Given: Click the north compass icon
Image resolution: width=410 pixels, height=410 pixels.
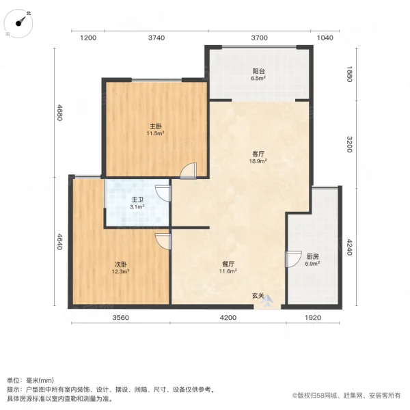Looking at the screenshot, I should coord(23,23).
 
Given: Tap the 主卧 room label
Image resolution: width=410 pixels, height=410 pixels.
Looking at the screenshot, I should coord(156,126).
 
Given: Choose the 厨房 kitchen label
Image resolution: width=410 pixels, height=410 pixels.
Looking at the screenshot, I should coord(312,257).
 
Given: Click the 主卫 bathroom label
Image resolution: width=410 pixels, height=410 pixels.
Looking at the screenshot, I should coord(137,201).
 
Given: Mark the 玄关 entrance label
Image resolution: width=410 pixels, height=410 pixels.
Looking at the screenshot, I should coord(258,296).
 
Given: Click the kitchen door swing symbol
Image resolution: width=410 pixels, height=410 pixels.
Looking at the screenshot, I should coord(292,260).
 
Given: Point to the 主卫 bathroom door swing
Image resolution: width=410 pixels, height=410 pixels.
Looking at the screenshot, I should coord(163,193).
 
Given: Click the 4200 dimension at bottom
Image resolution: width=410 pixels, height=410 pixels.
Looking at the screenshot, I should coord(228,317).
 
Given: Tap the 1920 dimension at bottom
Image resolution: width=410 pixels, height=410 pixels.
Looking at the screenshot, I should coord(312,317).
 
